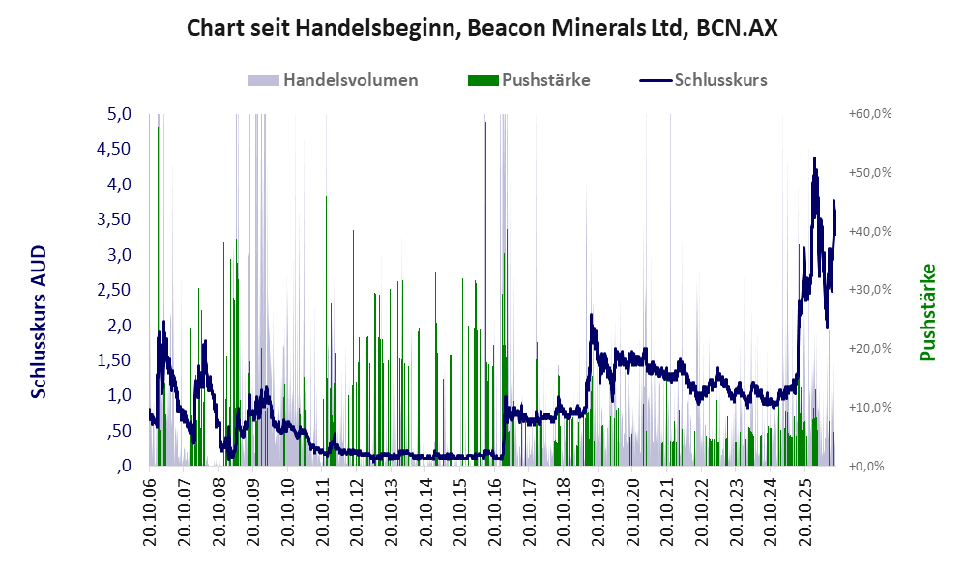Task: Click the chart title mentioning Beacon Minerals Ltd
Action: point(482,28)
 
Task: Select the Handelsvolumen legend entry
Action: point(333,80)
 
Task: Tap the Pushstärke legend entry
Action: point(529,80)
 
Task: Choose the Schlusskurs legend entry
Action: point(703,80)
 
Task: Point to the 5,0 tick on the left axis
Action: point(120,114)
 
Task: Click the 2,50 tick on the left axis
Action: point(114,289)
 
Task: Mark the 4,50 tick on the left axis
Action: point(114,149)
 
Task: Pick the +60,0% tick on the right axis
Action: point(870,114)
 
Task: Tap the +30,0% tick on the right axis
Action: point(870,289)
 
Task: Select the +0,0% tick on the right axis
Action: point(867,466)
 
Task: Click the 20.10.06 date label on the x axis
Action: point(150,512)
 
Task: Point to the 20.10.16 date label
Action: point(495,512)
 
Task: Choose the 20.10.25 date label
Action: point(805,512)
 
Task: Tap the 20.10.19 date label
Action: point(599,512)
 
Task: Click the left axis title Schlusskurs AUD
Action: point(39,322)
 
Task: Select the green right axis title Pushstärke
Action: point(927,312)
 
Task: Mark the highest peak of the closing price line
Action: point(814,158)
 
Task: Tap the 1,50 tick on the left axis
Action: point(114,360)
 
